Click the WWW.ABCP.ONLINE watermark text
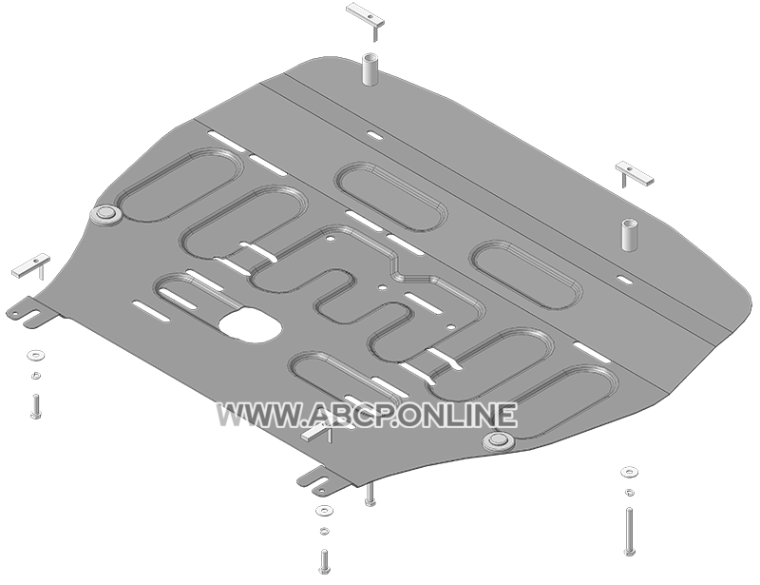click(367, 416)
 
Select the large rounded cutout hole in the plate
click(250, 325)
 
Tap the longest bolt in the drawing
click(629, 531)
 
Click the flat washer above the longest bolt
click(630, 472)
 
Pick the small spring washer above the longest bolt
click(630, 493)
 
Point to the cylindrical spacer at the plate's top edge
click(370, 70)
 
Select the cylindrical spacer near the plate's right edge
click(630, 235)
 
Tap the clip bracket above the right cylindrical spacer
click(634, 173)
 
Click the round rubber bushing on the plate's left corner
click(105, 214)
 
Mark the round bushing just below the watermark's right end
click(498, 440)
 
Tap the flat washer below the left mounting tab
click(35, 355)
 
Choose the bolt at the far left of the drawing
click(35, 406)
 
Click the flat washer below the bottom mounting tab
click(323, 511)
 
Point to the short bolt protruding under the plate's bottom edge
click(370, 496)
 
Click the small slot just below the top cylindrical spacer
click(374, 135)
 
